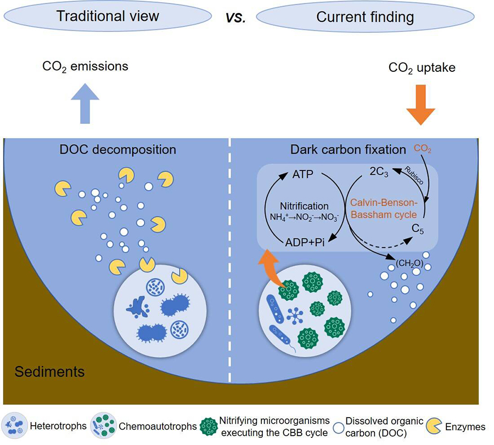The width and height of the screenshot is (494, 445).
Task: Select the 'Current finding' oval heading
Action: tap(364, 17)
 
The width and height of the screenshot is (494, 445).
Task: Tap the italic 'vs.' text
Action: tap(235, 17)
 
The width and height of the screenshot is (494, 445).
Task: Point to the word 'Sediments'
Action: tap(49, 372)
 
